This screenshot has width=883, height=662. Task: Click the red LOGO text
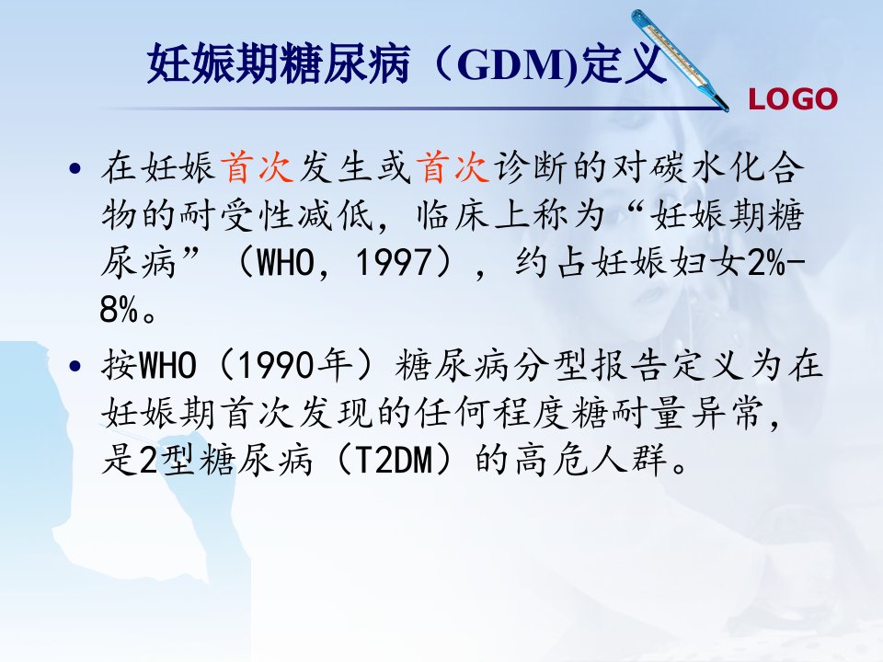(793, 99)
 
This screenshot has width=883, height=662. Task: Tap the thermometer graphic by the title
(680, 60)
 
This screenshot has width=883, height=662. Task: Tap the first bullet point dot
(75, 168)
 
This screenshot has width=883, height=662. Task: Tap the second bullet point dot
(75, 367)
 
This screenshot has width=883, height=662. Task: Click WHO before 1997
(285, 262)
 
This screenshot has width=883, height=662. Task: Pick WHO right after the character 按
(167, 366)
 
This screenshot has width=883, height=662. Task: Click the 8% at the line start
(119, 309)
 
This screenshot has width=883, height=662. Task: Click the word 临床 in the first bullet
(453, 215)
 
